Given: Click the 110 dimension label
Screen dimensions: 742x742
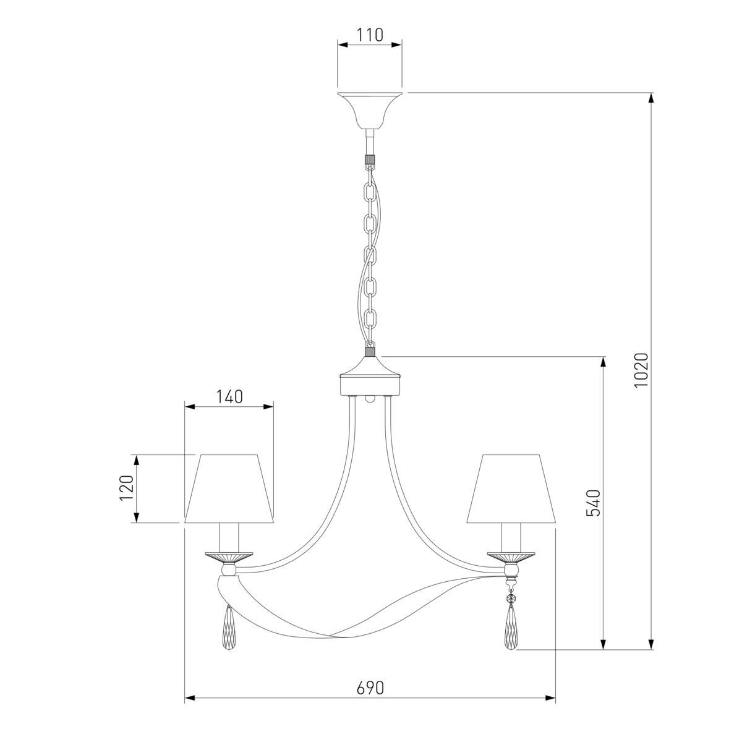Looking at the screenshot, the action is click(369, 35).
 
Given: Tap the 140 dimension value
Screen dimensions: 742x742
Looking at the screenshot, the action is click(229, 396).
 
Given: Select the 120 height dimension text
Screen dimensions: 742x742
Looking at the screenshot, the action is click(126, 487).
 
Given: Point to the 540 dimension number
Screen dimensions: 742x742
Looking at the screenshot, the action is click(593, 503).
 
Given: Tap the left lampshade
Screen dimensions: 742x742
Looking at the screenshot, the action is click(229, 488).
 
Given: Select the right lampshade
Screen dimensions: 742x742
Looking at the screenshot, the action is click(511, 488).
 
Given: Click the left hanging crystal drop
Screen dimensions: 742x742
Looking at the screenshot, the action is click(229, 629).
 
